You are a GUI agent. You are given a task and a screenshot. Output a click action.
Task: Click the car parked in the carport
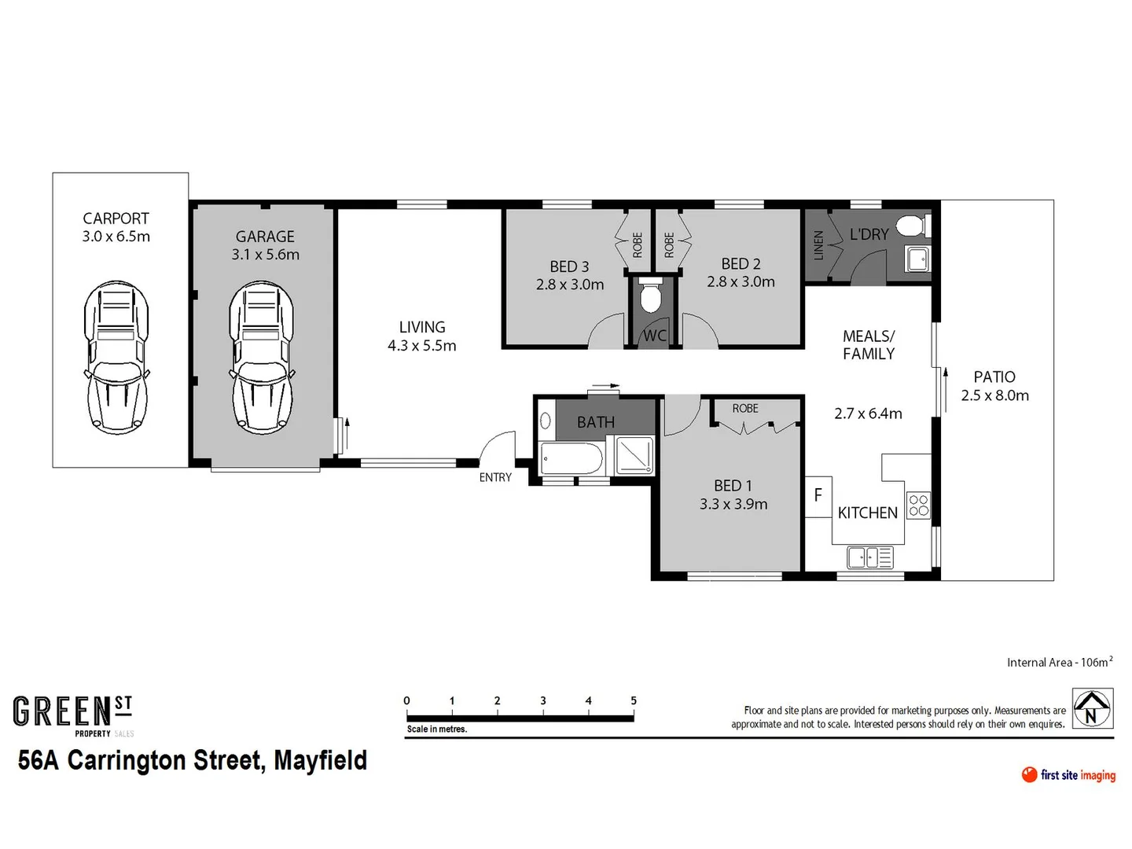(116, 358)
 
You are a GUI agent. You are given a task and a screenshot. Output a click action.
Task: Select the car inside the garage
(261, 358)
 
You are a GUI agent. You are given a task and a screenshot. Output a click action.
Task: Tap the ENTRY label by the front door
(495, 477)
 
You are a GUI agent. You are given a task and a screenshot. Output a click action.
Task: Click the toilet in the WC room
(650, 296)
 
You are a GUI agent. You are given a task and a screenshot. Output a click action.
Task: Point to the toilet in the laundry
(913, 226)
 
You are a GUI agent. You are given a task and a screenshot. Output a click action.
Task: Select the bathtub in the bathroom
(572, 458)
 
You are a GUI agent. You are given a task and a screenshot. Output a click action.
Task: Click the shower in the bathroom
(634, 456)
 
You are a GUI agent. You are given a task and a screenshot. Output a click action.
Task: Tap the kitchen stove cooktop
(918, 505)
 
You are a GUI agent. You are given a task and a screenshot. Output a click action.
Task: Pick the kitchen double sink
(869, 558)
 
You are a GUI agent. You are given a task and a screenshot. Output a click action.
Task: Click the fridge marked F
(818, 496)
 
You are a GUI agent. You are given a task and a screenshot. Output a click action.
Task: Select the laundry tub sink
(917, 258)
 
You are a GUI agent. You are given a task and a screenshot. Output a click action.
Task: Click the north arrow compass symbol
(1093, 707)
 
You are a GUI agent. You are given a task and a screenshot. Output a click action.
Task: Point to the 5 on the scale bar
(634, 700)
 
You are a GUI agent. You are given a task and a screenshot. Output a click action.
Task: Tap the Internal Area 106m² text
(1059, 662)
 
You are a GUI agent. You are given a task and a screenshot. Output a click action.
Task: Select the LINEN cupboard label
(818, 245)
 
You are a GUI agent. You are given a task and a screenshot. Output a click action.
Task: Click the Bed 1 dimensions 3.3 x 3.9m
(733, 504)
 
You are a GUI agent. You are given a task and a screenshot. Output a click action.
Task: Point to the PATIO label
(994, 377)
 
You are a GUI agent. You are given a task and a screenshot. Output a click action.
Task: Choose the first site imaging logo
(1068, 775)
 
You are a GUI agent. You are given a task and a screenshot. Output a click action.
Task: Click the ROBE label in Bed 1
(745, 409)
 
